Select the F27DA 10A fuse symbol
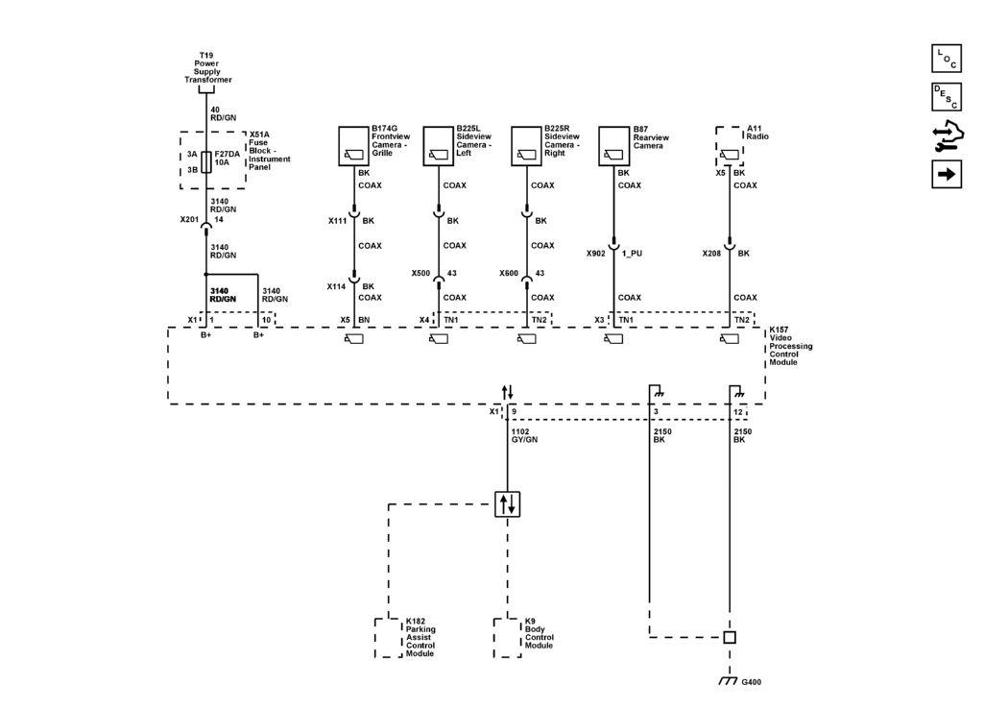point(205,160)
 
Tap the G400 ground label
point(753,682)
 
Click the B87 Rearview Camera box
point(612,146)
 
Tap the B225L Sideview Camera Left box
point(438,146)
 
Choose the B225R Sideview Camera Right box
point(525,146)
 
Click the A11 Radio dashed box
point(729,146)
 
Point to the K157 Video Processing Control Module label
point(791,346)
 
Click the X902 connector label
point(596,255)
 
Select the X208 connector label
point(712,255)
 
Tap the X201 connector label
point(189,220)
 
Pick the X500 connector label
point(420,273)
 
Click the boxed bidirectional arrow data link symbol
point(507,503)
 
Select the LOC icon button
point(946,59)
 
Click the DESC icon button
point(946,96)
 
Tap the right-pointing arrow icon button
point(946,174)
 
